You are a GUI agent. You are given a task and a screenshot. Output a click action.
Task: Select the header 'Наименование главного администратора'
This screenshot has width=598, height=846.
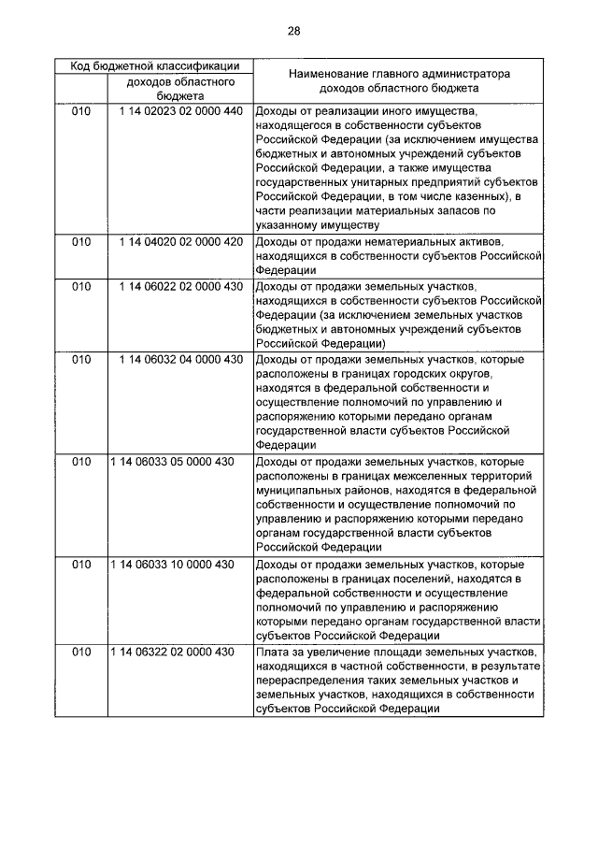coord(398,73)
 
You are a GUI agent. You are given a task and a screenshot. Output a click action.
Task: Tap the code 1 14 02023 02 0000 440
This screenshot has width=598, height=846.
coord(180,111)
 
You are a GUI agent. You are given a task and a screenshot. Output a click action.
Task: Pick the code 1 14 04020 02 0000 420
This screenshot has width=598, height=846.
coord(180,241)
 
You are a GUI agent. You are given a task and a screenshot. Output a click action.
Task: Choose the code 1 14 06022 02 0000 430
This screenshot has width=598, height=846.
coord(180,286)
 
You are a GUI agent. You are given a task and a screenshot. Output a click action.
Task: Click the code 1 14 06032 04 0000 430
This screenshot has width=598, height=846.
coord(180,360)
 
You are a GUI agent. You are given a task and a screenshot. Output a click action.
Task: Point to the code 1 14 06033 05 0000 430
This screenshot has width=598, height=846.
coord(172,462)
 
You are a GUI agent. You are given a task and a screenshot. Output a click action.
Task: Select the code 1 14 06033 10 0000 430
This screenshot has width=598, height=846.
coord(172,564)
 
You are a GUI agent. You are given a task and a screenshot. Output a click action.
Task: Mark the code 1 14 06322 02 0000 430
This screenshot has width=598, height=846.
coord(172,651)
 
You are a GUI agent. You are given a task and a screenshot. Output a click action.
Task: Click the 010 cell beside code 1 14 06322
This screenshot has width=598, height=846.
coord(82,651)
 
